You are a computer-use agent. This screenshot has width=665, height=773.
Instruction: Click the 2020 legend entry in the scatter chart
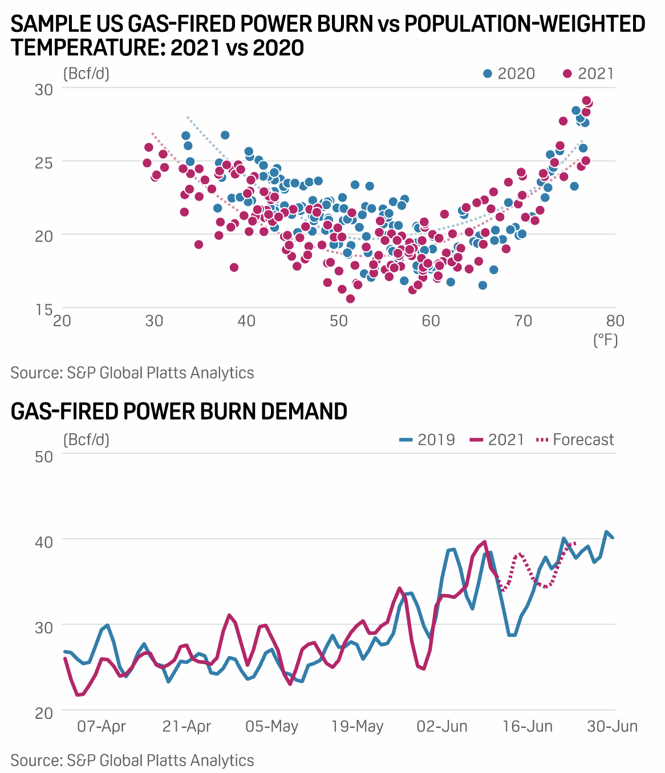pos(509,74)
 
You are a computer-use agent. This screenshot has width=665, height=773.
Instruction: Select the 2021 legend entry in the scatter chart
pos(588,74)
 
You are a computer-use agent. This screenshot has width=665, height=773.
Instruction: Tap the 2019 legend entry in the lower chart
pos(427,440)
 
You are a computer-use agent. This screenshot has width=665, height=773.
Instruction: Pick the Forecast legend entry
pos(567,440)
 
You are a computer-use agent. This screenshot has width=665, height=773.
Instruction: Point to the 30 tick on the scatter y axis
pos(44,89)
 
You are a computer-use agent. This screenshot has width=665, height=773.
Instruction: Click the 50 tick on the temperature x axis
pos(339,321)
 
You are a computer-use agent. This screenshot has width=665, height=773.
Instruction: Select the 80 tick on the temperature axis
pos(615,321)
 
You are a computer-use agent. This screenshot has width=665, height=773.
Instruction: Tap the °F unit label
pos(606,340)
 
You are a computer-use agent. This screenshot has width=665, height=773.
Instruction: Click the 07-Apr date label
pos(102,727)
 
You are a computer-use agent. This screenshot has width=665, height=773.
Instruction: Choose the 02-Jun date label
pos(442,727)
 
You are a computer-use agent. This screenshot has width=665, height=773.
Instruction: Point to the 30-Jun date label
pos(613,727)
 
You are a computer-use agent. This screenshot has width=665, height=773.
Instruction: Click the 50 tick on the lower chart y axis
pos(44,457)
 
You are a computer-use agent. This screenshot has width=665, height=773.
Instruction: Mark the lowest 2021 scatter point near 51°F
pos(350,299)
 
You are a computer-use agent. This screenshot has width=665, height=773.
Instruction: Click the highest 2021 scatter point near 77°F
pos(587,101)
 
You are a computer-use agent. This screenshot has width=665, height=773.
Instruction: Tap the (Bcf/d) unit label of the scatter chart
pos(86,74)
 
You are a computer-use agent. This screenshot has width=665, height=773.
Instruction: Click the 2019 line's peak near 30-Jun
pos(607,532)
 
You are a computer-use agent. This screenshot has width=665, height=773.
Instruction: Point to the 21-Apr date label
pos(186,727)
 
